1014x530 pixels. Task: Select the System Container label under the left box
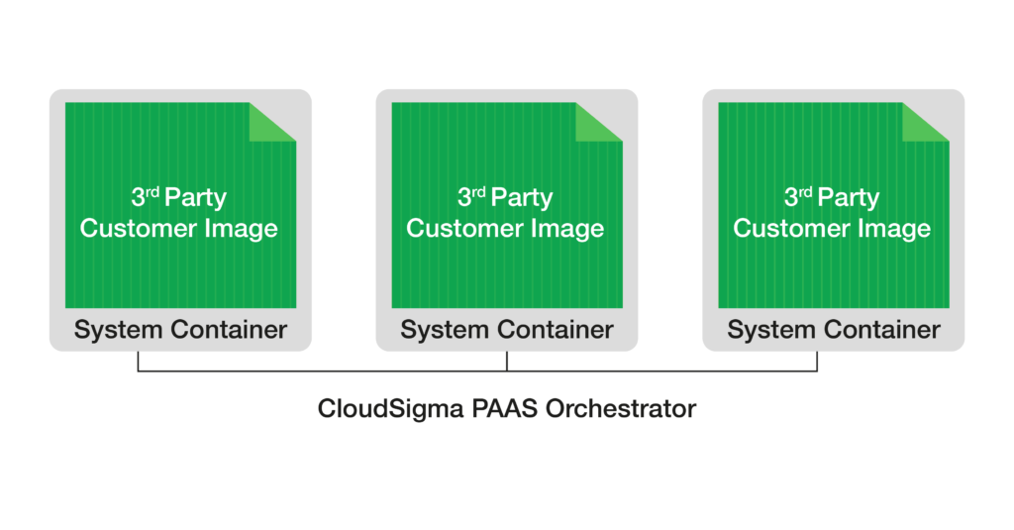pos(180,329)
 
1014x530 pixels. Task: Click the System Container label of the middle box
pos(507,329)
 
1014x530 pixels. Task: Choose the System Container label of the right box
pos(834,329)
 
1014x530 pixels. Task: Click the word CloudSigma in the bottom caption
pos(385,408)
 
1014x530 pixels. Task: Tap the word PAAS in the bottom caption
pos(494,408)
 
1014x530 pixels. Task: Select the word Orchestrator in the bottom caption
pos(617,408)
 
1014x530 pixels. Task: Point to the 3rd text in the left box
pos(146,197)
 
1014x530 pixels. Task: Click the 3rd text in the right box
pos(799,197)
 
